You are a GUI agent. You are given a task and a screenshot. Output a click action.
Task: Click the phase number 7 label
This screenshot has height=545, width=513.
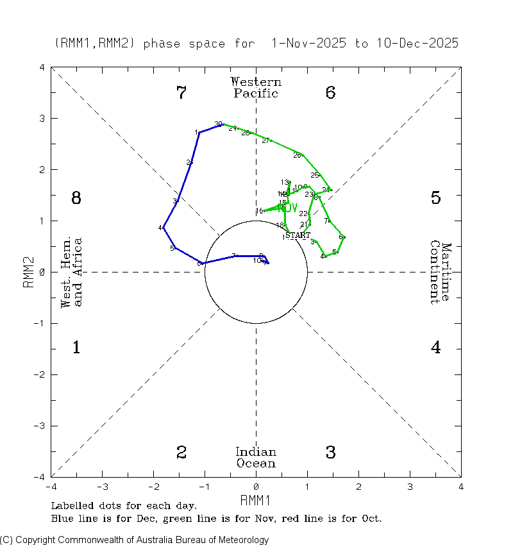[x=181, y=94]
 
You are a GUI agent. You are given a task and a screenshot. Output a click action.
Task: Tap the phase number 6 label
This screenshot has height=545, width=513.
[x=330, y=94]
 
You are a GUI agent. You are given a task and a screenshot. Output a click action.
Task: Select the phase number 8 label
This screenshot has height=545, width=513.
[x=76, y=198]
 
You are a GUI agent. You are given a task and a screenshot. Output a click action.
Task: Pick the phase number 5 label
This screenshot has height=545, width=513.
[x=435, y=198]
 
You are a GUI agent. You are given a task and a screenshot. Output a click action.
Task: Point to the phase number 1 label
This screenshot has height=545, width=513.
[x=76, y=348]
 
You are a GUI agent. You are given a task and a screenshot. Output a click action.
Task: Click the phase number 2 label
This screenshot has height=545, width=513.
[x=181, y=453]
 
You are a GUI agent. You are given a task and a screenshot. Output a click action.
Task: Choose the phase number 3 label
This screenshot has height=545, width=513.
[x=330, y=453]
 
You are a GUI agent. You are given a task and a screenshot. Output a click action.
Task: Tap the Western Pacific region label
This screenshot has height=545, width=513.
[x=256, y=88]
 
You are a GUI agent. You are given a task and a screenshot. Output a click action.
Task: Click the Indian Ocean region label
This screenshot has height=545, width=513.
[x=256, y=458]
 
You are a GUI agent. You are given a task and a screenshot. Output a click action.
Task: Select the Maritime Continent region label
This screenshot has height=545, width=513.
[x=441, y=272]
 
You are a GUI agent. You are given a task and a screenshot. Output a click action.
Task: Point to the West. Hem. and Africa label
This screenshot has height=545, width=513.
[x=71, y=272]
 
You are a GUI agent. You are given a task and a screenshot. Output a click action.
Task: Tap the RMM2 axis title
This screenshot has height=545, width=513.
[x=29, y=272]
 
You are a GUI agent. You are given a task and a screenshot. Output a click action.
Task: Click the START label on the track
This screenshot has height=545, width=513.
[x=298, y=236]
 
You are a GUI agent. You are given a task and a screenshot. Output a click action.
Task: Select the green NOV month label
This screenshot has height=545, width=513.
[x=288, y=208]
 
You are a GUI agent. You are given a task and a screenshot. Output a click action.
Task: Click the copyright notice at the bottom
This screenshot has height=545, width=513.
[x=135, y=540]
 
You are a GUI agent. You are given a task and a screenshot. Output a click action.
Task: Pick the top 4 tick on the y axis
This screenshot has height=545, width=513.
[x=42, y=67]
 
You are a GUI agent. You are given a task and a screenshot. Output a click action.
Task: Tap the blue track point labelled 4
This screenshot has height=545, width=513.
[x=164, y=228]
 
